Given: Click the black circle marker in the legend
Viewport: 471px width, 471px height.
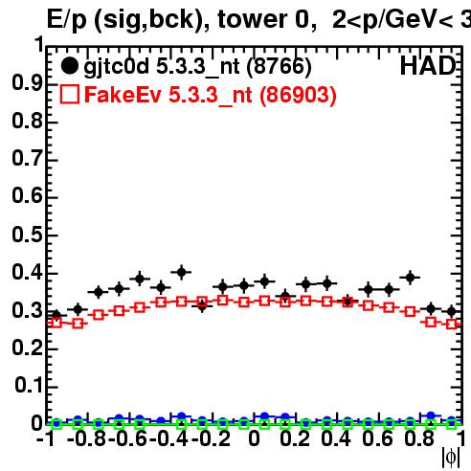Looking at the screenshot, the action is coord(69,66).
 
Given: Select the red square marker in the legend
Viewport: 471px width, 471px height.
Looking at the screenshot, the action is coord(69,94).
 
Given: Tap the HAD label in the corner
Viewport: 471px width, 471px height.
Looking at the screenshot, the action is coord(428,66).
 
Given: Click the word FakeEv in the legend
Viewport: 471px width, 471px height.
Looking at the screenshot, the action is coord(123,95).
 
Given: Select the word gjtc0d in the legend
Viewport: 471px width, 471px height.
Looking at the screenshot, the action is coord(117,68).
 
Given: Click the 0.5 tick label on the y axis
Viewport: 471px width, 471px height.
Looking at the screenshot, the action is coord(27,235).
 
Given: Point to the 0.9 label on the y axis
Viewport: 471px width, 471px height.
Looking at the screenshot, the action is coord(27,83).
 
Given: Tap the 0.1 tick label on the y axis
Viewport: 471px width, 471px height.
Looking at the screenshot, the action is coord(29,385).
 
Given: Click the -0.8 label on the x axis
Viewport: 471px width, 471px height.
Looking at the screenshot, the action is coord(87,438).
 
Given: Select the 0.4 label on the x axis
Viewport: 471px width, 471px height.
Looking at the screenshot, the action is coord(336,438).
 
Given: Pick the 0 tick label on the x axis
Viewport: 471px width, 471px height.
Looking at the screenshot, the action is coord(254,438).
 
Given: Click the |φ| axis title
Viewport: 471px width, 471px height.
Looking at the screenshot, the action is coord(451,458).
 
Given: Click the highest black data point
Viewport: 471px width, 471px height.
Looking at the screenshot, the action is coord(181,272).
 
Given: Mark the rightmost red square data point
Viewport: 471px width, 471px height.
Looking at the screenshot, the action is coord(451,325).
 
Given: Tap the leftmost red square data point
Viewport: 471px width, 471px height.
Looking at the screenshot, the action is coord(56,323).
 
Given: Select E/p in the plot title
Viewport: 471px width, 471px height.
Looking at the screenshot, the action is coord(67,20).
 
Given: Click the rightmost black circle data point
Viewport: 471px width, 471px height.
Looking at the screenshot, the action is coord(451,311).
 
